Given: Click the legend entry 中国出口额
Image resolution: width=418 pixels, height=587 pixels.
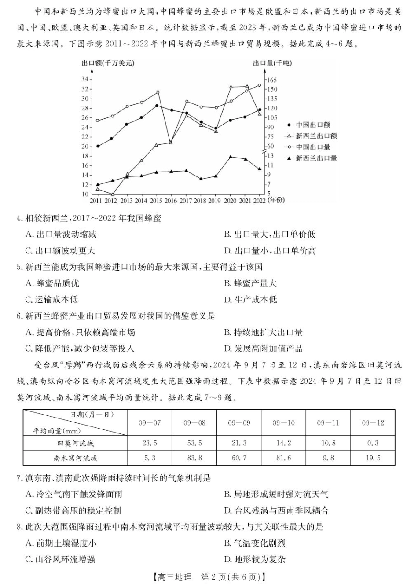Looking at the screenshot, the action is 312,125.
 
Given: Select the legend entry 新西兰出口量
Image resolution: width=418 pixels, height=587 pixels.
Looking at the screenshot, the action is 315,158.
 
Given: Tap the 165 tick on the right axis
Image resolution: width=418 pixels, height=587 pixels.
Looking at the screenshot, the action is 271,80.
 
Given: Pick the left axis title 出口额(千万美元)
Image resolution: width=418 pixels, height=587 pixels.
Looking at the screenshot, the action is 107,63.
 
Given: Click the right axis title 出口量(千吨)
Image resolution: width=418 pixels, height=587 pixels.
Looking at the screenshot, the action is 272,63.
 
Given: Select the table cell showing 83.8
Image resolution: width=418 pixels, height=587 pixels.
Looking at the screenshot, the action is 194,458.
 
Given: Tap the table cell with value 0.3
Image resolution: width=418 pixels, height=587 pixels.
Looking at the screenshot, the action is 373,443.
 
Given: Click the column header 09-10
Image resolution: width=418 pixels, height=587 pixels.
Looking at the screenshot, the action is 283,422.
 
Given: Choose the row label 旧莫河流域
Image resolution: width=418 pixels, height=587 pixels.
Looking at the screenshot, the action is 75,443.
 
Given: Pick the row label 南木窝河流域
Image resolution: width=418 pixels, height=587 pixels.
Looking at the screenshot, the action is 75,458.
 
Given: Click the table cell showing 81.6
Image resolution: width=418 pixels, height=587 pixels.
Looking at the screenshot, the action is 283,458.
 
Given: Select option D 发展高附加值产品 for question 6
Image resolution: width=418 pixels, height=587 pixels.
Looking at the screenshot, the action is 264,349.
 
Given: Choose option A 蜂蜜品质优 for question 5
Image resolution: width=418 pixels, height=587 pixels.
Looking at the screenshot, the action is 52,283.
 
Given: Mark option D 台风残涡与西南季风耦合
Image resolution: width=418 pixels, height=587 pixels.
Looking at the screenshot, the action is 276,510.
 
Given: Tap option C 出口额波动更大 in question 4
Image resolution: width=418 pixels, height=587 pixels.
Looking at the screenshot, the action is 60,251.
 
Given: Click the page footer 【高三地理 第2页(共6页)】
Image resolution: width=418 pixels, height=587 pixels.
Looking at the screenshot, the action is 209,577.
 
